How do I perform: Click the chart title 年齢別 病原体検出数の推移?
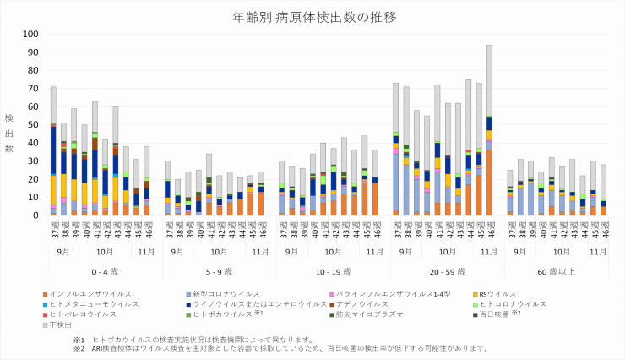[312, 16]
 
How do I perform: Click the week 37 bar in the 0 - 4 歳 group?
[53, 151]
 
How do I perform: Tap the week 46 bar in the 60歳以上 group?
[603, 190]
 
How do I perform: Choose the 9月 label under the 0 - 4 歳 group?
[64, 252]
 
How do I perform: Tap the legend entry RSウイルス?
[503, 293]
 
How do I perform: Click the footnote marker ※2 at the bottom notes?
[79, 347]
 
